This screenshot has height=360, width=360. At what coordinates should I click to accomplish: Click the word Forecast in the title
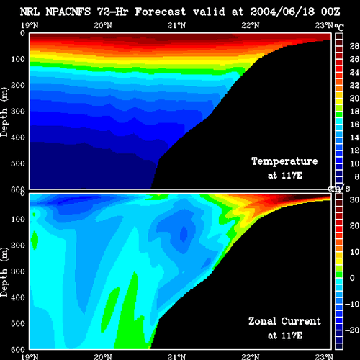(x=161, y=12)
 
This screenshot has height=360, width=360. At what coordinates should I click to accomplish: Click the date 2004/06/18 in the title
(x=282, y=12)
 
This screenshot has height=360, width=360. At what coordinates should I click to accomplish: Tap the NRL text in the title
(x=30, y=12)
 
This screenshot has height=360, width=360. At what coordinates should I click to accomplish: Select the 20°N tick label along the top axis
(x=103, y=25)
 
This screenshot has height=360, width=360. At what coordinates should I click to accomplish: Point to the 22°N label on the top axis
(x=251, y=25)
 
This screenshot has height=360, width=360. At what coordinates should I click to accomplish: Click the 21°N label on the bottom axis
(x=176, y=357)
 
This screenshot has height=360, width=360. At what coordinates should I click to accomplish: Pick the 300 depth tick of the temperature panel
(x=18, y=111)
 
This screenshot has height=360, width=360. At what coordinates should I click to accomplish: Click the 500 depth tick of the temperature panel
(x=18, y=163)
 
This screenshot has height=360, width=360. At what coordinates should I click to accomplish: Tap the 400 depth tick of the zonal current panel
(x=18, y=297)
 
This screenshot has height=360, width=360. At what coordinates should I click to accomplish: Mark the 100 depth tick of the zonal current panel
(x=18, y=219)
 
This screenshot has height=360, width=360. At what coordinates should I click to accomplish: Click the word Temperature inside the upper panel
(x=284, y=161)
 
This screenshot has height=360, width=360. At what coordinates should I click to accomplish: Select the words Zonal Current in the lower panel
(x=284, y=321)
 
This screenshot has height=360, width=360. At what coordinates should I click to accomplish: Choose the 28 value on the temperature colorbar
(x=354, y=46)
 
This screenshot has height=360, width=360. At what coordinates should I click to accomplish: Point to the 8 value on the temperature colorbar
(x=356, y=176)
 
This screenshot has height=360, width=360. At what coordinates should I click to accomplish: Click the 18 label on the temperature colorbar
(x=354, y=112)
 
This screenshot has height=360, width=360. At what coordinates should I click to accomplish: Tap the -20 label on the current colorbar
(x=352, y=330)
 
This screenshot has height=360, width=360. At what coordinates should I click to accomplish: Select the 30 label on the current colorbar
(x=354, y=199)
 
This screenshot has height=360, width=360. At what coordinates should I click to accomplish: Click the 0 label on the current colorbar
(x=352, y=278)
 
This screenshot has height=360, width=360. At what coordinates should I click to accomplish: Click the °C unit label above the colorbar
(x=339, y=27)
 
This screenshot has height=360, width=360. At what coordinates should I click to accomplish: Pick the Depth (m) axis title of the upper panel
(x=4, y=112)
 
